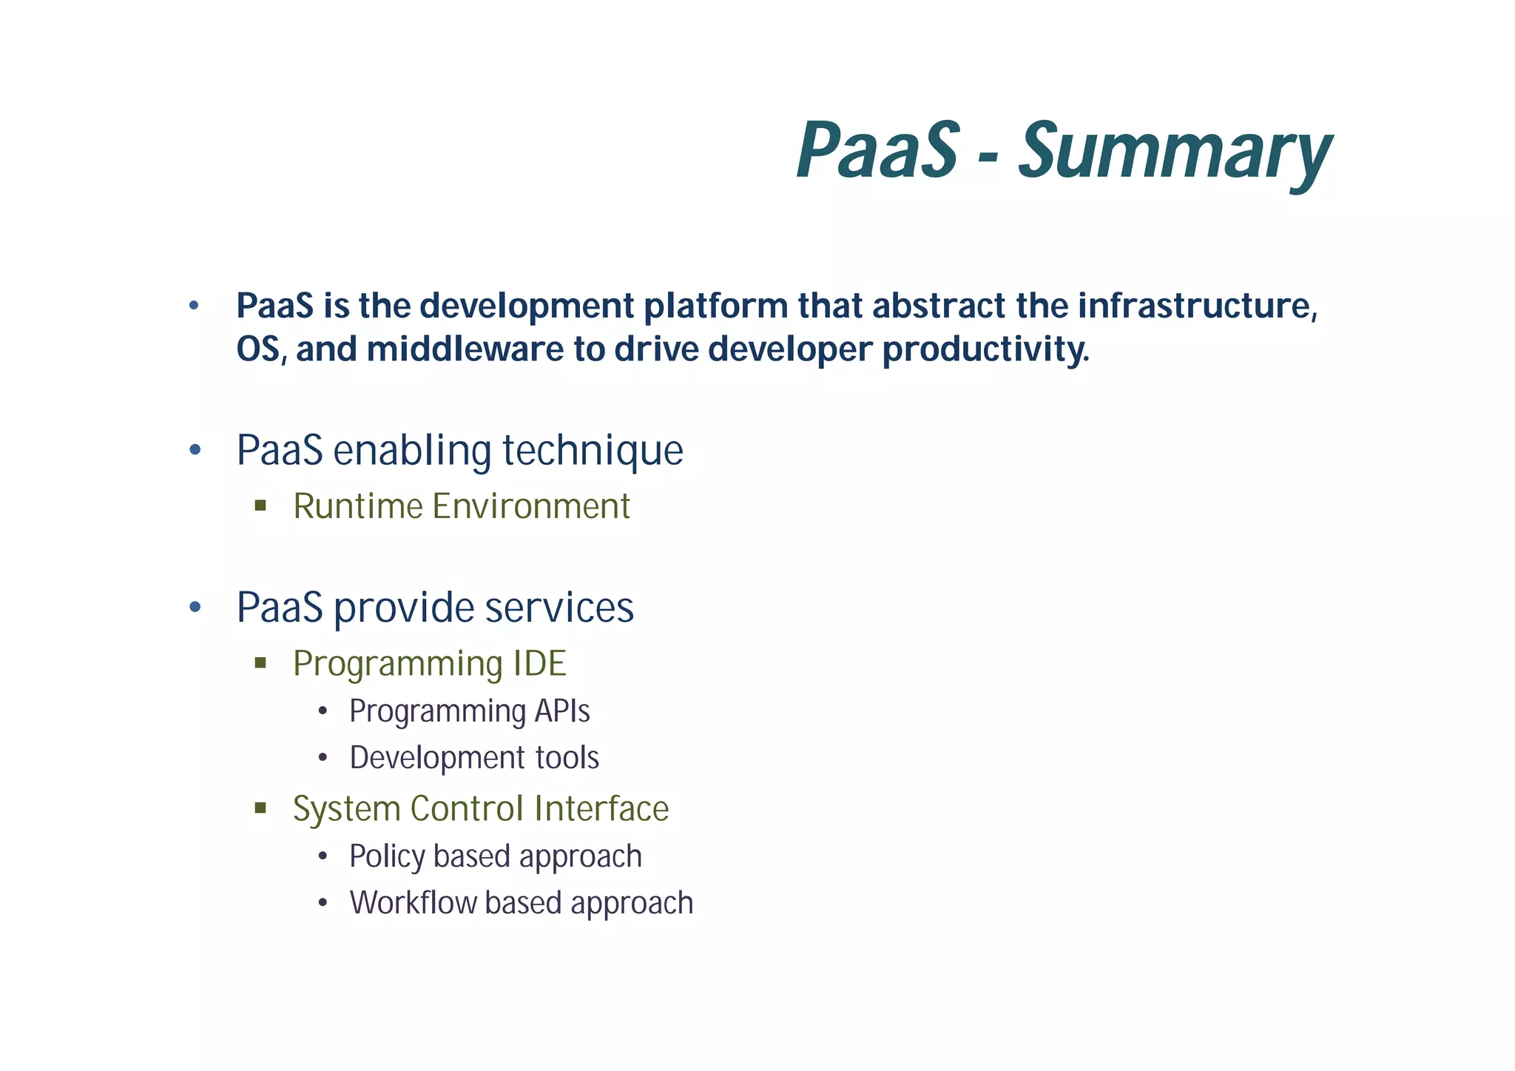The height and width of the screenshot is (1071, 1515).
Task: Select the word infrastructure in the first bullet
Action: coord(1198,306)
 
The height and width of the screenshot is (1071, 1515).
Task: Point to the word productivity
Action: coord(985,349)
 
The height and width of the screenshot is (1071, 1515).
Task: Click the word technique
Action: coord(593,450)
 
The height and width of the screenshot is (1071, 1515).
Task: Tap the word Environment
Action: coord(531,507)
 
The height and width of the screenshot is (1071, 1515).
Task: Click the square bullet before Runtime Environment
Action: coord(260,506)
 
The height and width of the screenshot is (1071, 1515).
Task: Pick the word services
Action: coord(559,608)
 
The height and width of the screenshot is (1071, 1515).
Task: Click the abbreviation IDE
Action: coord(539,663)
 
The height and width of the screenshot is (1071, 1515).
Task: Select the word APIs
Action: coord(562,711)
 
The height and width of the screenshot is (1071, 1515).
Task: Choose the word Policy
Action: coord(387,856)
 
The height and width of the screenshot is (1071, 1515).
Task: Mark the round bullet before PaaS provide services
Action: coord(195,608)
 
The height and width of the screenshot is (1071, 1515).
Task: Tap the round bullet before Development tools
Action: coord(323,758)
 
